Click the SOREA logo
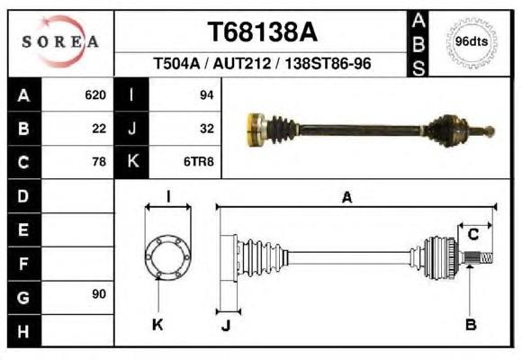[x=60, y=41]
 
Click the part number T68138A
[x=262, y=32]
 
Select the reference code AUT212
[x=242, y=63]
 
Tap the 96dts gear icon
[x=471, y=42]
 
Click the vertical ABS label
[x=418, y=44]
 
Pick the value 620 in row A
[x=95, y=95]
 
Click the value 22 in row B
[x=99, y=129]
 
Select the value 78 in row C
[x=99, y=162]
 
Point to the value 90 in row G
[x=99, y=294]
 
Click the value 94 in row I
[x=206, y=95]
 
